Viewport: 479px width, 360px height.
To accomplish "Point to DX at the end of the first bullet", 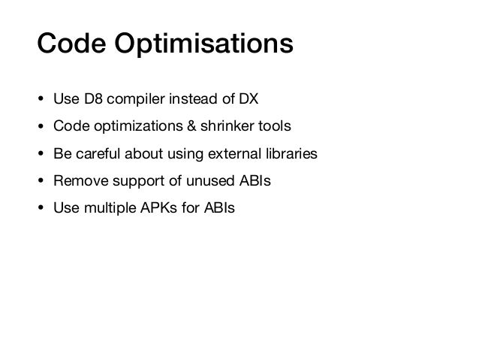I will (x=248, y=100).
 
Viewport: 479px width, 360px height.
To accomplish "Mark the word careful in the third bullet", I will (x=95, y=154).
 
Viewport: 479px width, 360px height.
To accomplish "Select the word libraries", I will (x=291, y=154).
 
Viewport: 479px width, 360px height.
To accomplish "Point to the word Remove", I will (x=77, y=181).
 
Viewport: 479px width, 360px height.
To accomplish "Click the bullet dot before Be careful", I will (x=41, y=154).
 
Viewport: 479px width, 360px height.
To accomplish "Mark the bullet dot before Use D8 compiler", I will (x=41, y=100).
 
